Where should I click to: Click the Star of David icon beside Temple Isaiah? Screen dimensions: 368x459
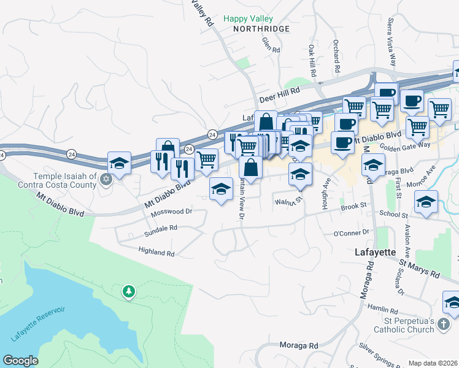[x=106, y=180]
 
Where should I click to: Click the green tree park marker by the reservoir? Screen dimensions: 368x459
[x=128, y=292]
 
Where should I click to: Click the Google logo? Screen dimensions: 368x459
[x=21, y=361]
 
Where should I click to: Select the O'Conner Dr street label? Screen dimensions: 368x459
[x=351, y=233]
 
